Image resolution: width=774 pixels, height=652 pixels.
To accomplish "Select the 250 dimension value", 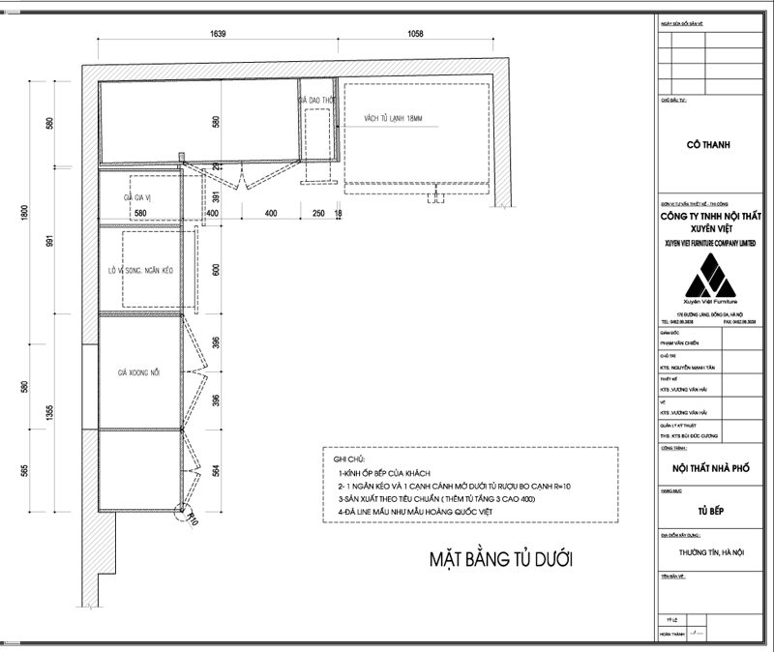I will point(318,213).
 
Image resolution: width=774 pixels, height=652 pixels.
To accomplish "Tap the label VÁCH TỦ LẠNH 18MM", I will point(393,118).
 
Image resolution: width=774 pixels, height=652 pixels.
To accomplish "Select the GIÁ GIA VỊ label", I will point(139,196).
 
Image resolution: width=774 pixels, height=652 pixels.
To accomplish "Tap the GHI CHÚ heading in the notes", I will point(345,459).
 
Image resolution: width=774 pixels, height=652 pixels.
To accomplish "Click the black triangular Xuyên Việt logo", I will point(712,282).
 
